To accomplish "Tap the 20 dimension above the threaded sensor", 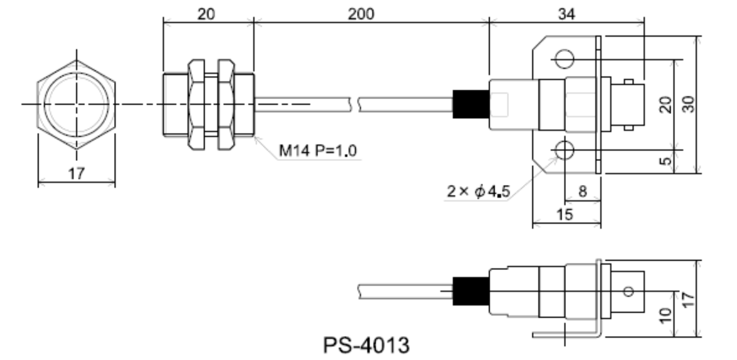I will pos(207,14).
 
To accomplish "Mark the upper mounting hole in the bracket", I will pos(564,59).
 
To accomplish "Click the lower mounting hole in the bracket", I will pos(564,149).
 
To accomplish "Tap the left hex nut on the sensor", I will pos(197,104).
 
